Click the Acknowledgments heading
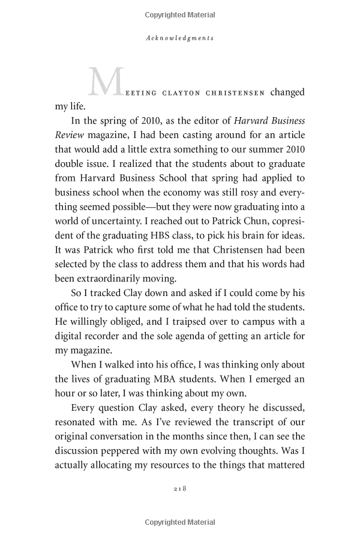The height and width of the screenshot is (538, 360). click(180, 37)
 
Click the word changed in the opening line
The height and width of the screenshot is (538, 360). click(287, 92)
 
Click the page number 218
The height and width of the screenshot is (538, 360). click(180, 506)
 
